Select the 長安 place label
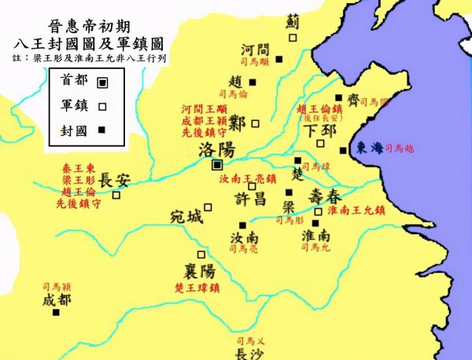click(114, 180)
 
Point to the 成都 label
click(56, 300)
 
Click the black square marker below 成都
click(56, 313)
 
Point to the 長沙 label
click(252, 354)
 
